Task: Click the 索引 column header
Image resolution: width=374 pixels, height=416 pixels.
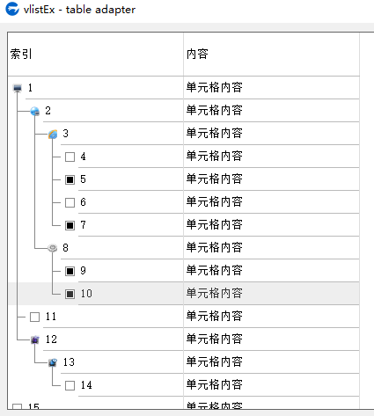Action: tap(21, 54)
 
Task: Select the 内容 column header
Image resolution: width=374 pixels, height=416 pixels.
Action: tap(197, 54)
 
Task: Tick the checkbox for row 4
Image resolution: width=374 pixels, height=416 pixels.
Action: tap(70, 157)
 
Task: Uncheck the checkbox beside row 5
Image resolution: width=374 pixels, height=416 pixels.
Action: tap(70, 179)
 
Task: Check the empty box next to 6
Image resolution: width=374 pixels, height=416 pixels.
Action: tap(70, 202)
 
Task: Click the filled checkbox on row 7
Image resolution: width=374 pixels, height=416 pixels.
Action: tap(70, 225)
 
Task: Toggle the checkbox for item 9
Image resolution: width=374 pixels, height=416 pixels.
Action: tap(70, 271)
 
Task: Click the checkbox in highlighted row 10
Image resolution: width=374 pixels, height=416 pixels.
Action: tap(70, 294)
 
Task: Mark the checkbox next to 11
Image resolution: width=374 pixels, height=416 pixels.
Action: tap(34, 317)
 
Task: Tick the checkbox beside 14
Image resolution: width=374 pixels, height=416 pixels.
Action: tap(70, 385)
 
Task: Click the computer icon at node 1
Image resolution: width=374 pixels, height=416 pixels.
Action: tap(18, 88)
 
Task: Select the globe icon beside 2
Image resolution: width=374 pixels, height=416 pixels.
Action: tap(35, 111)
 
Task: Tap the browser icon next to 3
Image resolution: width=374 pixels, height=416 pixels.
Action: tap(53, 134)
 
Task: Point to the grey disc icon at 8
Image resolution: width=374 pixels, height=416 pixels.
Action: tap(53, 248)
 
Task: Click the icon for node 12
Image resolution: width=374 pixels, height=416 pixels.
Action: tap(35, 339)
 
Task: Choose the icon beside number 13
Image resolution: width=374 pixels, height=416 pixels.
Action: tap(53, 362)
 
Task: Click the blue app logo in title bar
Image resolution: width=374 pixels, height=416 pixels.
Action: tap(12, 9)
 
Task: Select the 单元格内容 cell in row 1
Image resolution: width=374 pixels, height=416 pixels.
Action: tap(215, 87)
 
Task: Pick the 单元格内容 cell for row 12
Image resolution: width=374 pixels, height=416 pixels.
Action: tap(215, 339)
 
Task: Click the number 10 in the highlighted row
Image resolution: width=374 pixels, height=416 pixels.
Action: tap(86, 294)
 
